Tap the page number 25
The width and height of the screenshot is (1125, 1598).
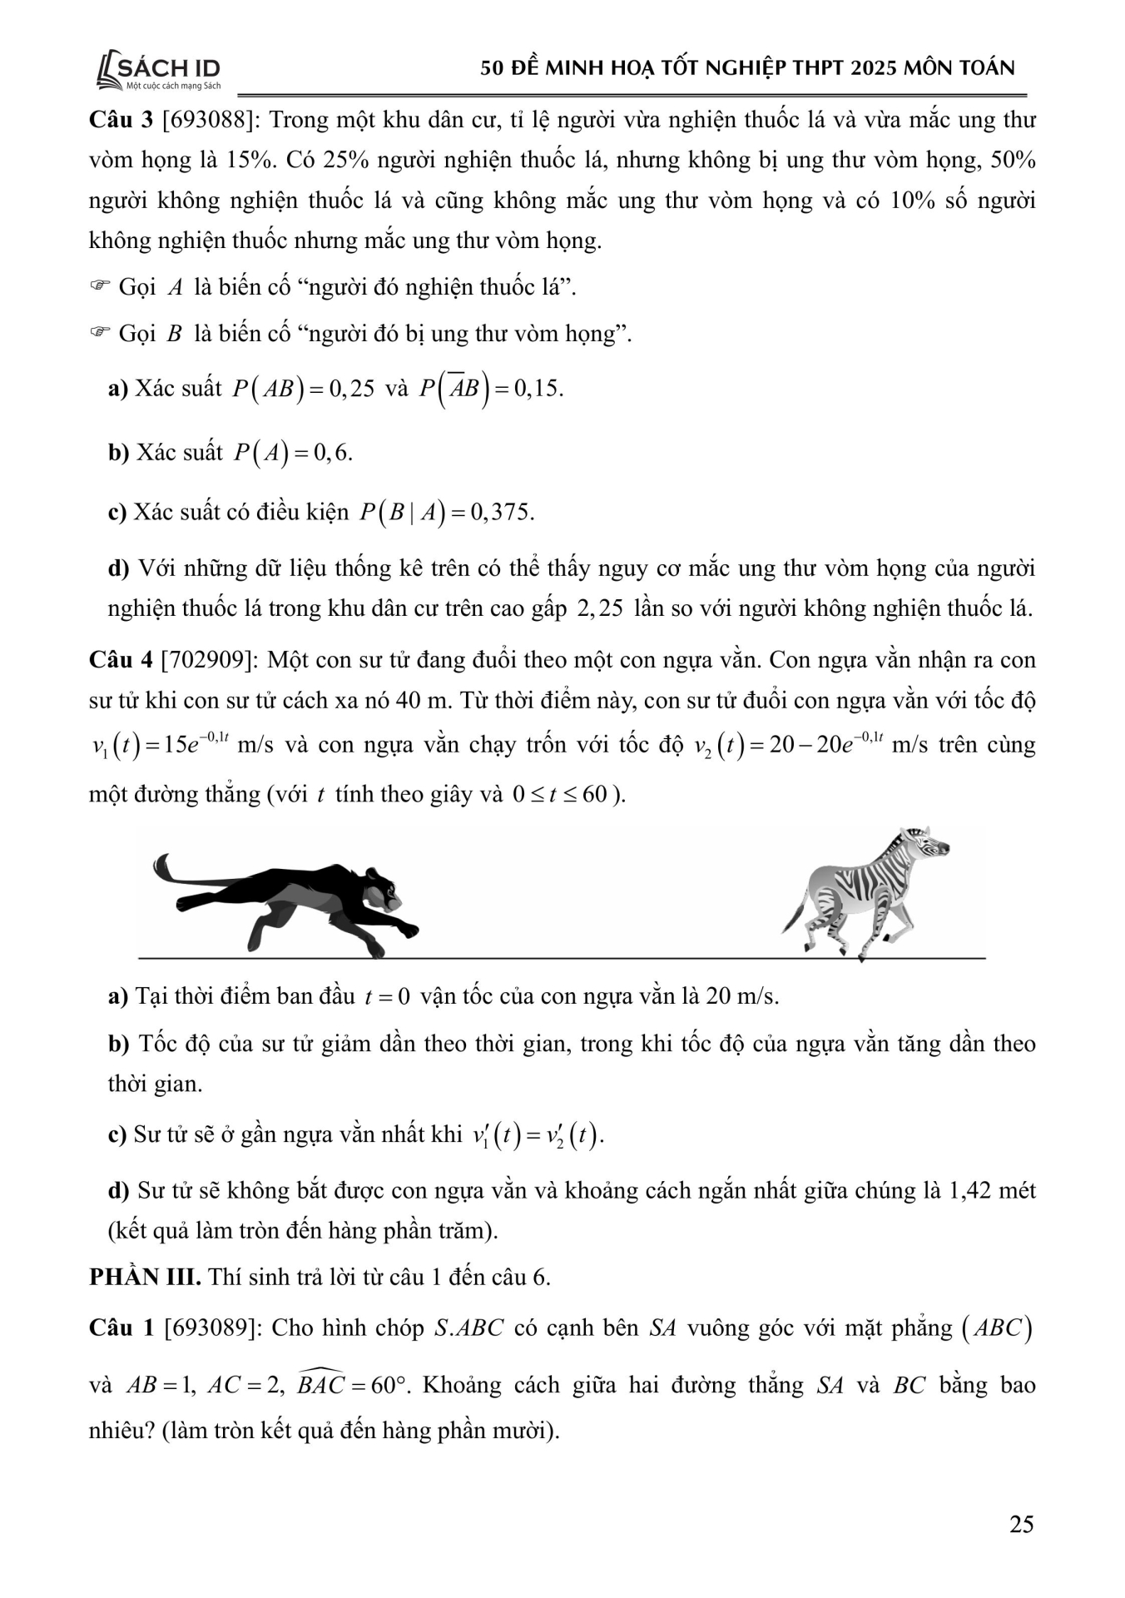(1021, 1524)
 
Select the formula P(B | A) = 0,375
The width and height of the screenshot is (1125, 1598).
(447, 512)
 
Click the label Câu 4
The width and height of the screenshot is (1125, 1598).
(121, 660)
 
